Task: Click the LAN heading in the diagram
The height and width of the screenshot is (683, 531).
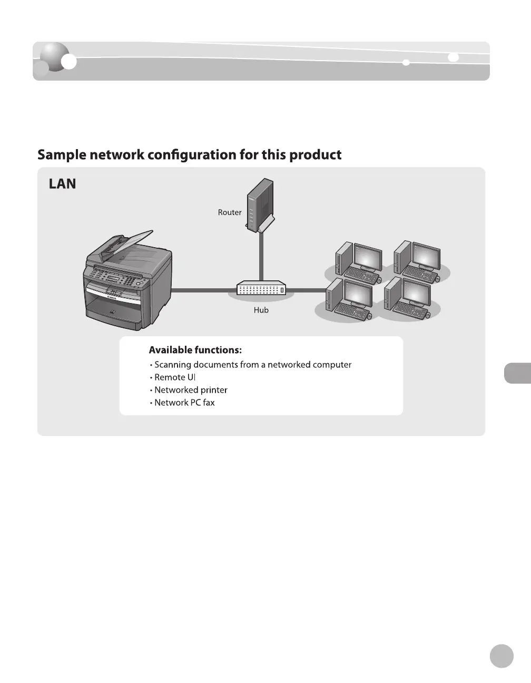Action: (62, 184)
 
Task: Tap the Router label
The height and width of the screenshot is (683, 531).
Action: (230, 212)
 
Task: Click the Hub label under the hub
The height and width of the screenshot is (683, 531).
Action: (261, 310)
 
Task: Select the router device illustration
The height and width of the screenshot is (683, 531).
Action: (260, 205)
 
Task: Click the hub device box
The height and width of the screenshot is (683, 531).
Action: (261, 289)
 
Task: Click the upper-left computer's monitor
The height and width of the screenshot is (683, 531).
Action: (367, 258)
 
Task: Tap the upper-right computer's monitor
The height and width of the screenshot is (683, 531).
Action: (425, 257)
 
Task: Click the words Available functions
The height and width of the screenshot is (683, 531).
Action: (195, 350)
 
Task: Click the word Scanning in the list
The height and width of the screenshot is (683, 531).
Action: (172, 365)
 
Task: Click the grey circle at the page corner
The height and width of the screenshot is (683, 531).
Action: (501, 656)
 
